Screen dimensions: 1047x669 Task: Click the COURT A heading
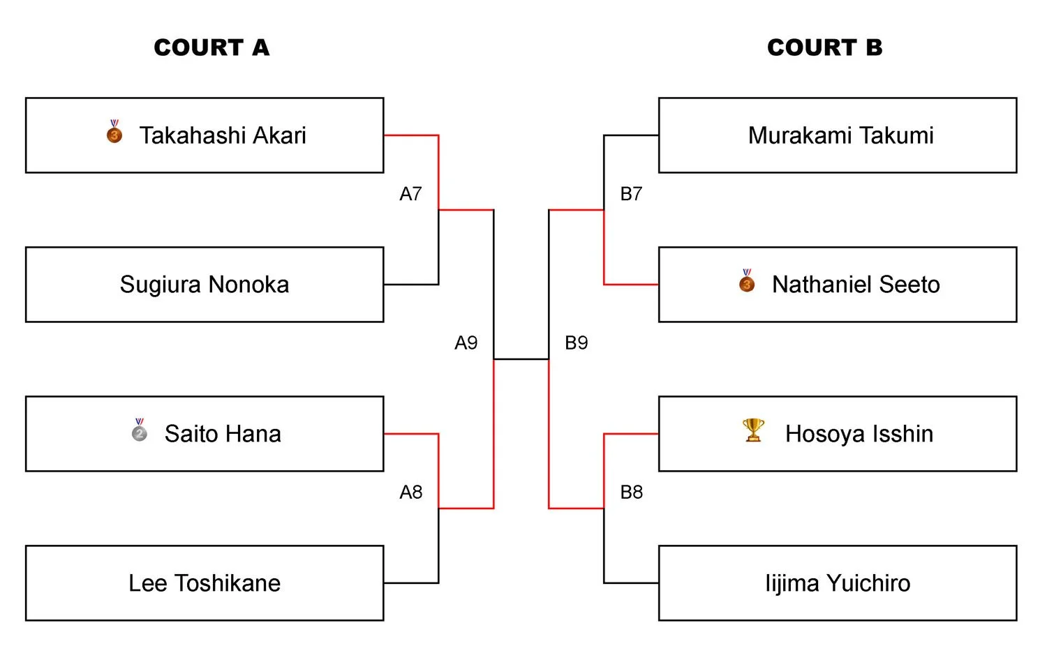click(211, 47)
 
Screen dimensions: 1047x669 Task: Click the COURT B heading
click(824, 47)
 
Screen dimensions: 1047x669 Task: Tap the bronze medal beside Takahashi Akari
click(114, 132)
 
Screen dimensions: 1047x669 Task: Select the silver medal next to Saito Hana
click(140, 430)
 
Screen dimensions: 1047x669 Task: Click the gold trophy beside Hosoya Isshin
click(753, 430)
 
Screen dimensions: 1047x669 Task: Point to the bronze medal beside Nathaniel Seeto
click(747, 281)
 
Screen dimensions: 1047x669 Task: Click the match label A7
click(410, 194)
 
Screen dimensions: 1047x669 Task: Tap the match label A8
click(410, 493)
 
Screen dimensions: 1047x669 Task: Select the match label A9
click(466, 343)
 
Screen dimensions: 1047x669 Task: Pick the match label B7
click(631, 194)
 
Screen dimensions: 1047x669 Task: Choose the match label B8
click(631, 493)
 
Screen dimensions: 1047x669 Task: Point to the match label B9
click(576, 343)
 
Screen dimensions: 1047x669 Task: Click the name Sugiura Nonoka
click(205, 285)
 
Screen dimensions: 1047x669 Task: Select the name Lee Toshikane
click(205, 583)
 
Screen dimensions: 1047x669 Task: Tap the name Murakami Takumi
click(840, 135)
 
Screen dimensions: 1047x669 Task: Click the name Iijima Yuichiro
click(838, 583)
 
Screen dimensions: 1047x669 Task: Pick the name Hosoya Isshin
click(859, 434)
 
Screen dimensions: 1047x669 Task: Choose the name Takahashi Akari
click(223, 135)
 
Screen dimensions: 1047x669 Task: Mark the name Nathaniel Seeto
click(856, 285)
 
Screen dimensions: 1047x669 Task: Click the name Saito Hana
click(223, 434)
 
